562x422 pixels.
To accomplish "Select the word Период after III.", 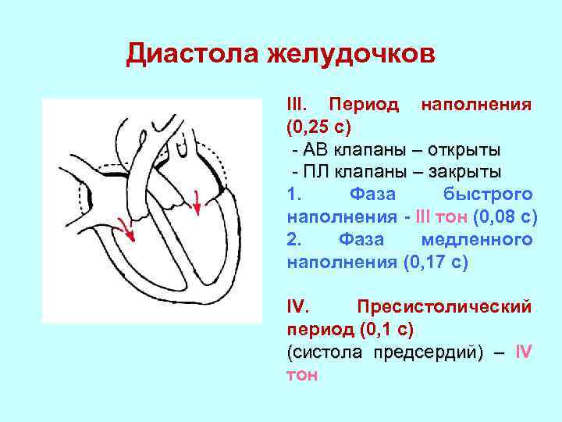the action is click(x=365, y=105).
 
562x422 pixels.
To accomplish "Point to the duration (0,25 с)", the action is click(x=320, y=127).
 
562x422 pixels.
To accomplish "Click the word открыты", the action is click(x=463, y=148).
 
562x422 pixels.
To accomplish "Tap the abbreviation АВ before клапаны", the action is click(x=317, y=148).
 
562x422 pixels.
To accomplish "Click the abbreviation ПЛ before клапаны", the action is click(x=317, y=171).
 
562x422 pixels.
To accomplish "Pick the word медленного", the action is click(x=477, y=239).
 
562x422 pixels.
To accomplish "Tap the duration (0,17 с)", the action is click(x=436, y=262).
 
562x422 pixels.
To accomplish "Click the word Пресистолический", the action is click(x=443, y=306).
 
